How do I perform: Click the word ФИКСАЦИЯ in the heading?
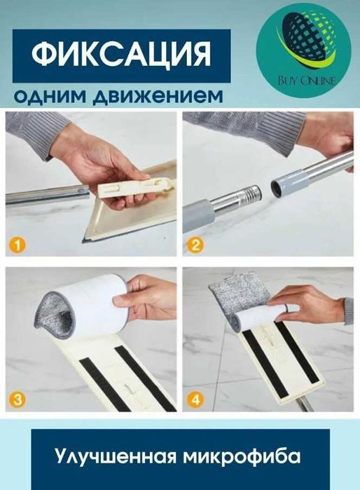pyautogui.click(x=121, y=55)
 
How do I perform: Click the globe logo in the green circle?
pyautogui.click(x=303, y=42)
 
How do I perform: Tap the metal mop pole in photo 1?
pyautogui.click(x=42, y=196)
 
